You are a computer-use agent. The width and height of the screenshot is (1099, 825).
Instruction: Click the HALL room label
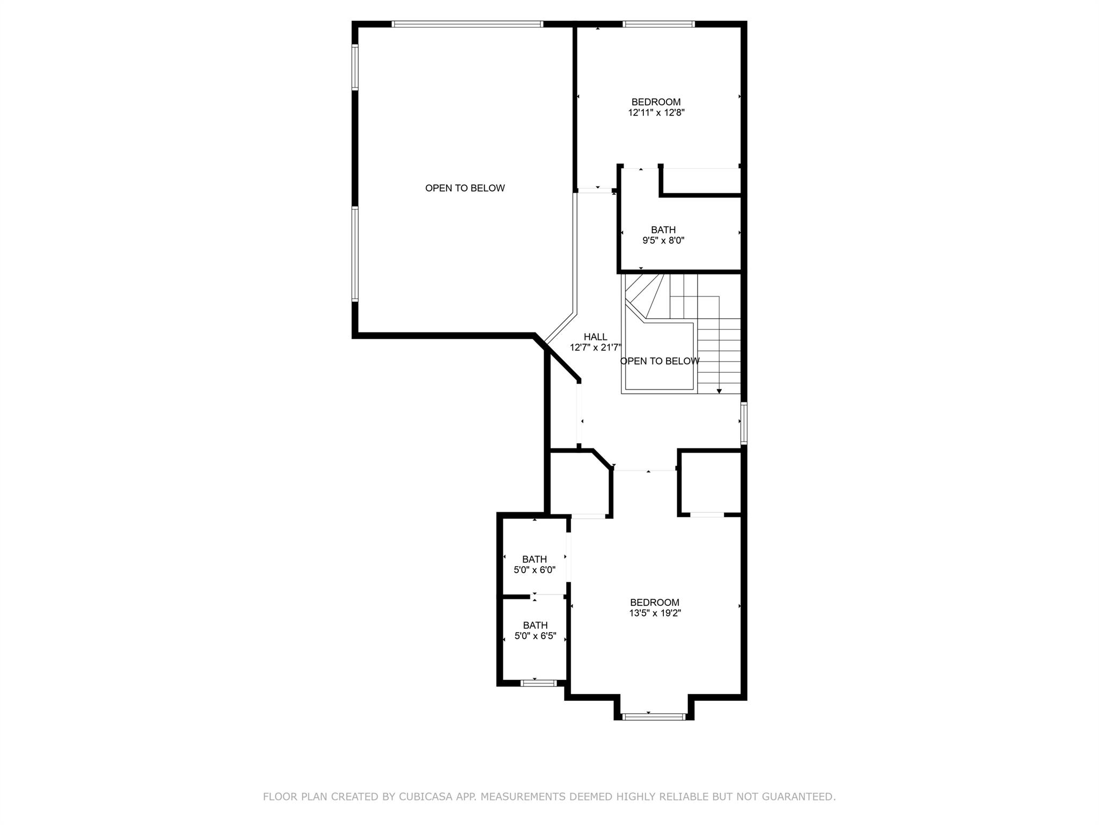coord(596,337)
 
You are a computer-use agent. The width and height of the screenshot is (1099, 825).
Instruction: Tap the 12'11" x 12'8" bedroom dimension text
coord(656,113)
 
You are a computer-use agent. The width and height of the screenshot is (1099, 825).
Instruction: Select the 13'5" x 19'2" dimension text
coord(655,613)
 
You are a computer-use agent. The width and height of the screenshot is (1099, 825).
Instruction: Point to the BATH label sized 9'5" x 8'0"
coord(663,230)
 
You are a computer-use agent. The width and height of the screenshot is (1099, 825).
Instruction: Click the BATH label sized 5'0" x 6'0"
coord(534,560)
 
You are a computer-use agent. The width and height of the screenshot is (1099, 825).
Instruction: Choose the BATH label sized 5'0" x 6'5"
coord(536,626)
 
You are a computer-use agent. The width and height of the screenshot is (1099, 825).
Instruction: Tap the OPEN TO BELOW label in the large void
coord(465,189)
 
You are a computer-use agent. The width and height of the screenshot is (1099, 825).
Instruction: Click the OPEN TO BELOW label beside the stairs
coord(660,361)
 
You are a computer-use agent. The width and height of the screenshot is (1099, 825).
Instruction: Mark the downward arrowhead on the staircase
coord(719,391)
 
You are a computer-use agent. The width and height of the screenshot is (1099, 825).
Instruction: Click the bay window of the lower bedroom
coord(654,717)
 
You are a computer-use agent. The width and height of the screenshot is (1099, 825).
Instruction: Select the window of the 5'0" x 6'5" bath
coord(539,683)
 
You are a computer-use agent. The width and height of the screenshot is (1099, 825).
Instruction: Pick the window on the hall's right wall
coord(744,423)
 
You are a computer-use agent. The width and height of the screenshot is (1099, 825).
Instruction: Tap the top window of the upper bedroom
coord(659,24)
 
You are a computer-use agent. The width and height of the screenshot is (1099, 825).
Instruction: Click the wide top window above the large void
coord(467,24)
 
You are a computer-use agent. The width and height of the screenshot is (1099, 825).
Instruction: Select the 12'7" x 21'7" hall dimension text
coord(595,348)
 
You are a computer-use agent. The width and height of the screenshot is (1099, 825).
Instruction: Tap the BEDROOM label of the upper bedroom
coord(656,102)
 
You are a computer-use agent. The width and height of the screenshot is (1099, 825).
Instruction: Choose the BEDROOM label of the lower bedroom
coord(655,603)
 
